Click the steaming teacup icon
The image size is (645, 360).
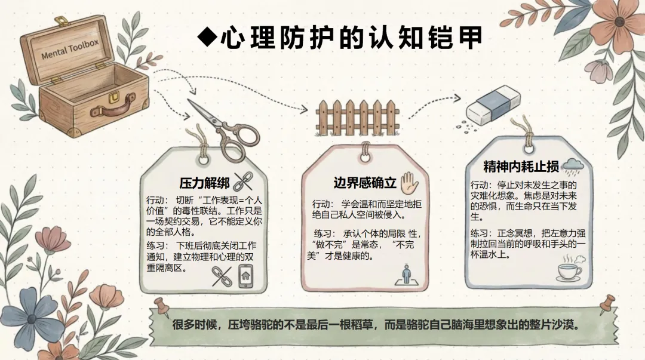[x=569, y=270]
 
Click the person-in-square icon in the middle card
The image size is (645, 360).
[x=406, y=275]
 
